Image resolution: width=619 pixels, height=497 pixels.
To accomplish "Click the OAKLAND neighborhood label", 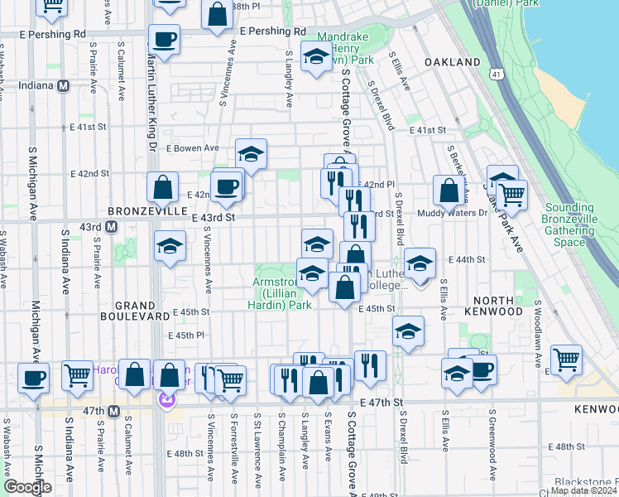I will click(x=453, y=62).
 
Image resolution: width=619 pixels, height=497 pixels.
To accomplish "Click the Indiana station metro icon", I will click(x=64, y=85).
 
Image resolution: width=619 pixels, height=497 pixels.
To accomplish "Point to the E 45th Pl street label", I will click(x=186, y=335).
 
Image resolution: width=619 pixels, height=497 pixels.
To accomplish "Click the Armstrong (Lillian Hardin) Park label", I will click(x=281, y=293).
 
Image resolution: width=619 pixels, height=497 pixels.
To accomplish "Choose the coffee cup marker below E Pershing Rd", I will click(x=164, y=38).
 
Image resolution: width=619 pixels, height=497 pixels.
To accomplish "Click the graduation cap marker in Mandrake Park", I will click(x=316, y=57).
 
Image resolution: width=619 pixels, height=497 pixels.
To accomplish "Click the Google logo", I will click(x=27, y=487).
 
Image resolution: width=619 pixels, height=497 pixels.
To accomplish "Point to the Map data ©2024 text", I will click(x=583, y=490).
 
